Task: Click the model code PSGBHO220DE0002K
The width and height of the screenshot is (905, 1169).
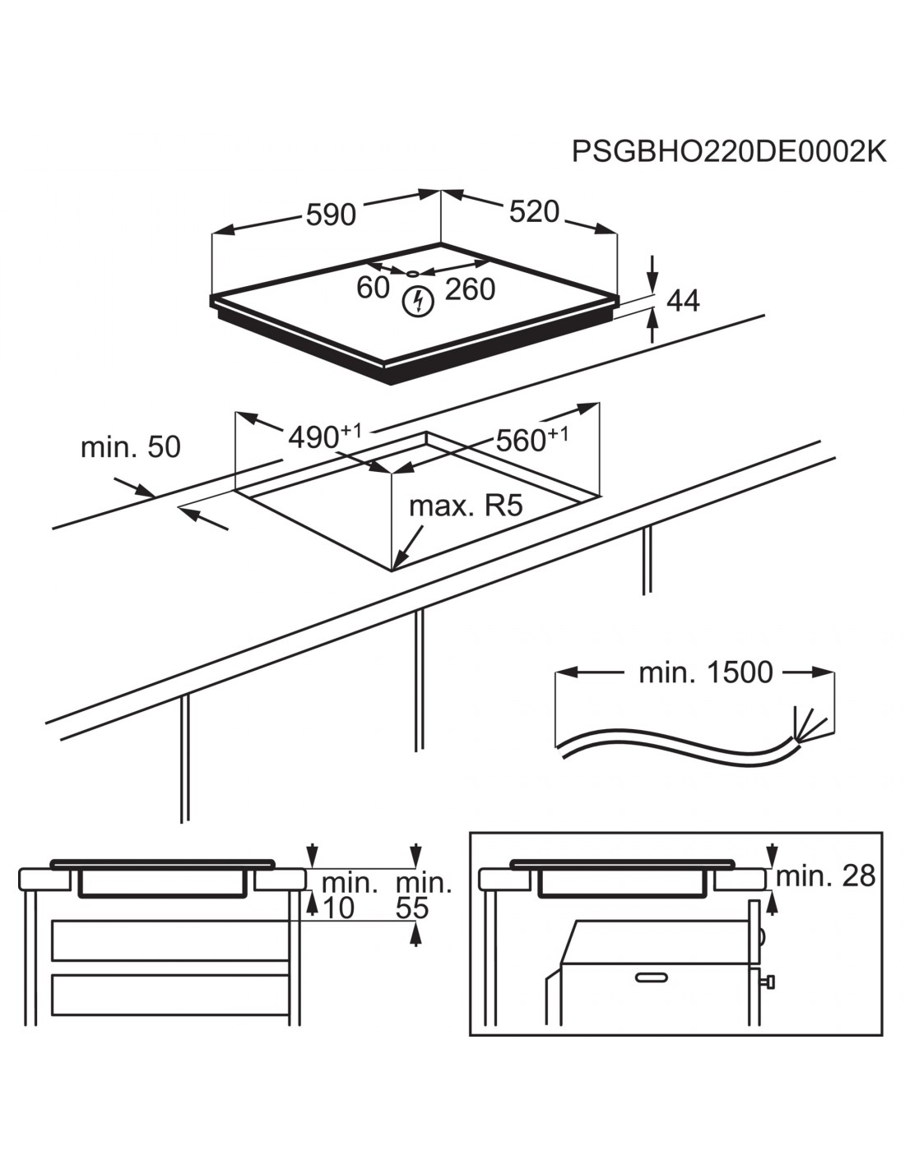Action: pyautogui.click(x=729, y=152)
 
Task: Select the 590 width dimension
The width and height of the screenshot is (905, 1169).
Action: pyautogui.click(x=331, y=215)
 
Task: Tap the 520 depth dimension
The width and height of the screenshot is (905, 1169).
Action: pyautogui.click(x=534, y=211)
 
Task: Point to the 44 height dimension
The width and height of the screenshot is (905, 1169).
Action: pyautogui.click(x=683, y=301)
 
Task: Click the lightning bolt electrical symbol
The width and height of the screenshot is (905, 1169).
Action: pyautogui.click(x=419, y=302)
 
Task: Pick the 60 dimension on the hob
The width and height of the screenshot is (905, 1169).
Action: pyautogui.click(x=373, y=288)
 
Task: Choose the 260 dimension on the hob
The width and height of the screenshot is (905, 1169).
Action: pyautogui.click(x=470, y=289)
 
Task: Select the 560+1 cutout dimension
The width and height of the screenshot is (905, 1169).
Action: pyautogui.click(x=531, y=440)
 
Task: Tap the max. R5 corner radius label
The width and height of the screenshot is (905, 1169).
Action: pyautogui.click(x=466, y=505)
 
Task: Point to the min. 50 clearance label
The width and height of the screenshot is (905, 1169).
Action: pyautogui.click(x=131, y=447)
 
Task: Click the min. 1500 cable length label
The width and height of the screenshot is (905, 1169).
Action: pyautogui.click(x=706, y=672)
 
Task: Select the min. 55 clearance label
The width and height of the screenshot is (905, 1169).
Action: pyautogui.click(x=424, y=895)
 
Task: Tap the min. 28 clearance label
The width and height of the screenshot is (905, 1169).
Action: pyautogui.click(x=825, y=876)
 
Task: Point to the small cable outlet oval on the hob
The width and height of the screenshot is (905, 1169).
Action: pyautogui.click(x=413, y=273)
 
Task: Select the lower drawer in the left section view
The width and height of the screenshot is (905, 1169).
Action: pyautogui.click(x=170, y=995)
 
